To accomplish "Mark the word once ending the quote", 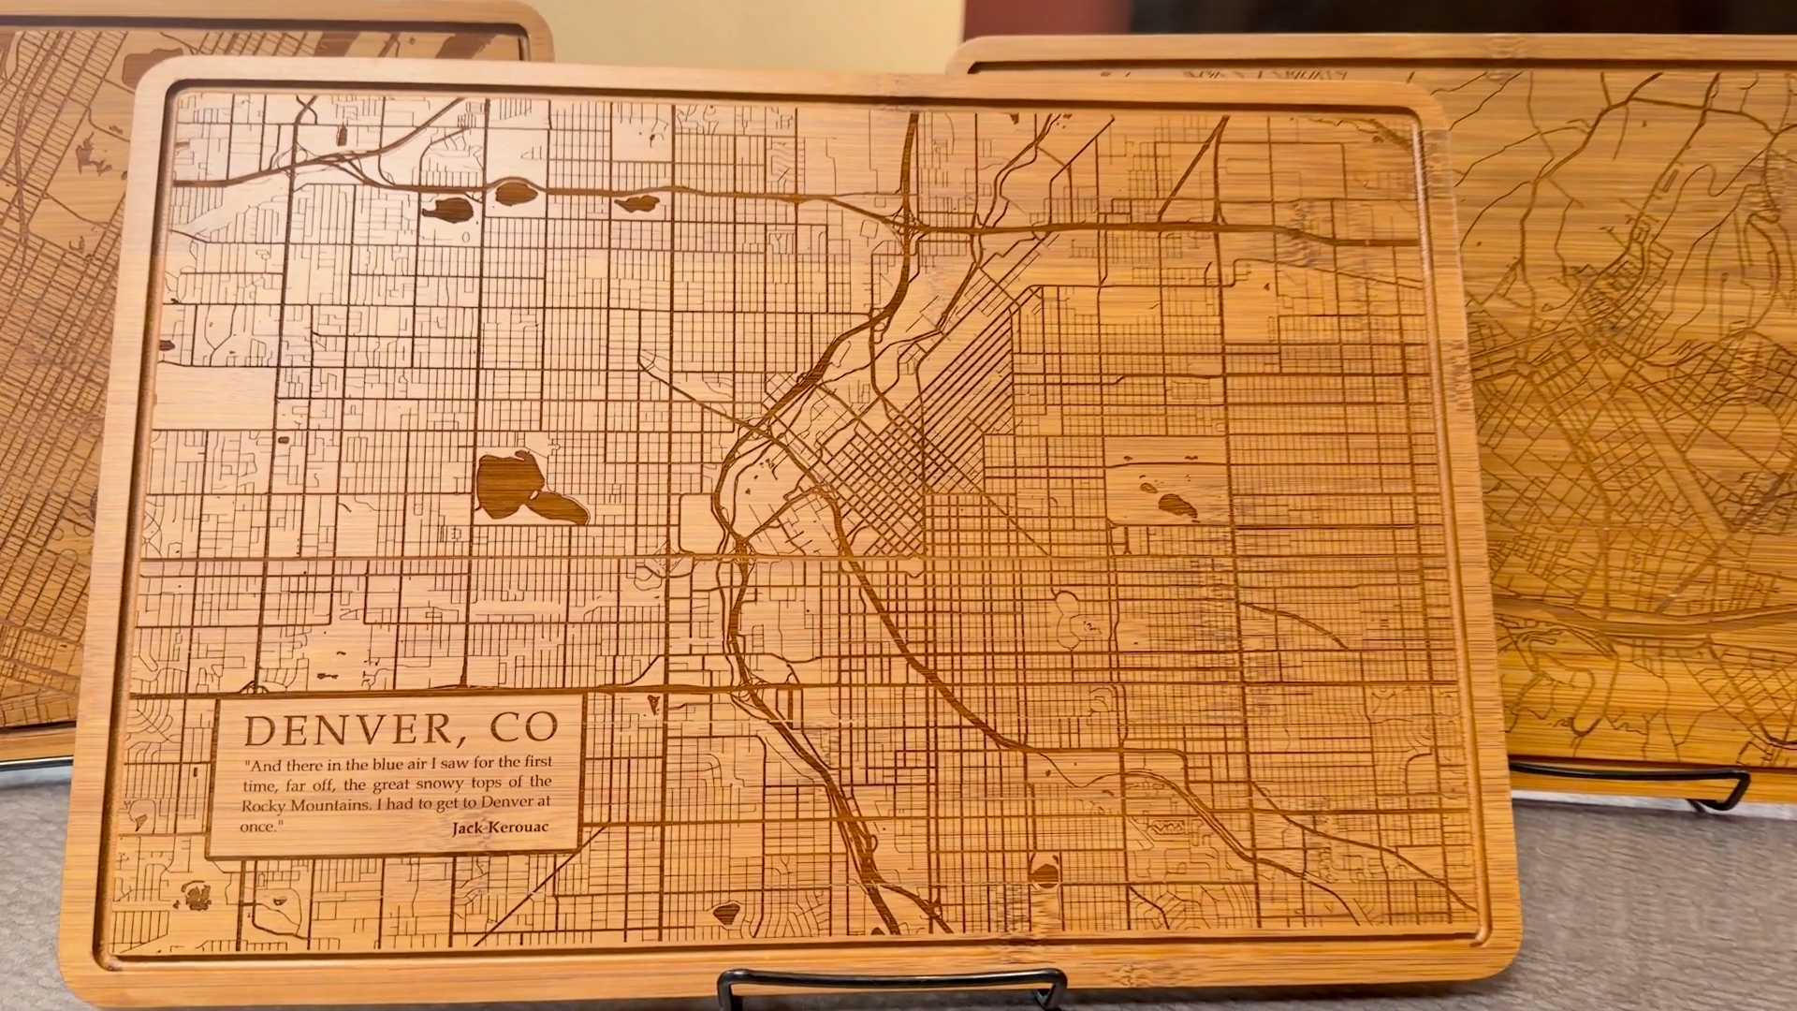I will [x=259, y=826].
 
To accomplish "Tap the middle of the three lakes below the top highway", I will [x=516, y=194].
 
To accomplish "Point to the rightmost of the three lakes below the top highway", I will [x=636, y=203].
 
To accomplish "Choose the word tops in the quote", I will [x=472, y=784].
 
